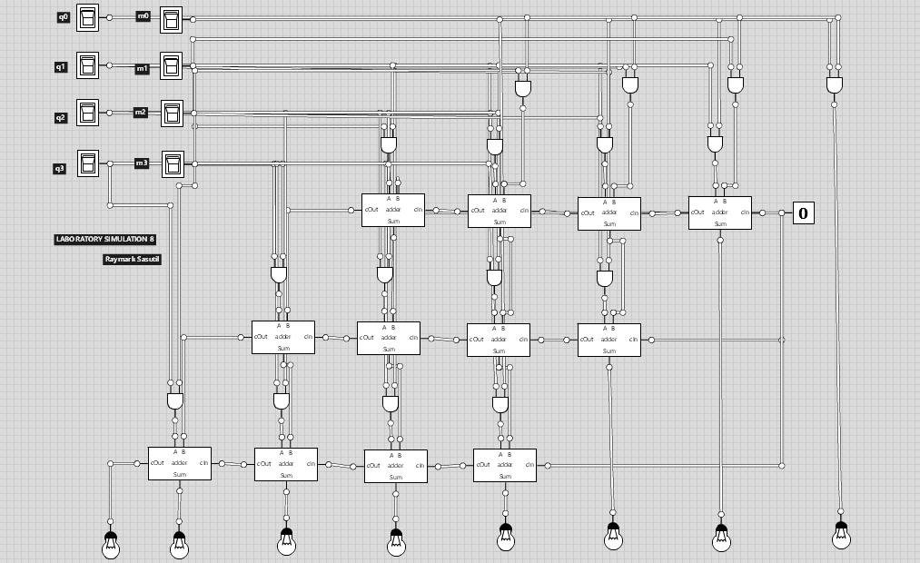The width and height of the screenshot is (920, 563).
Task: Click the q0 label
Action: tap(63, 17)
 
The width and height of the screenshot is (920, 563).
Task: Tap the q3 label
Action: tap(60, 168)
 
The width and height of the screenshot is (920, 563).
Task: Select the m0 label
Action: tap(143, 16)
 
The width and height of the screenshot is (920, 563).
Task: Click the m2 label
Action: tap(141, 112)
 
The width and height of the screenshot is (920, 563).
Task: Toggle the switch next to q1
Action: tap(87, 66)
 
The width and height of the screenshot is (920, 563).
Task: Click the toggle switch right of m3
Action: tap(171, 163)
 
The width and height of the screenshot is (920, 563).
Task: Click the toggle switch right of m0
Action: tap(171, 19)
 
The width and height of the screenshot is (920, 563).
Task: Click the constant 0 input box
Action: tap(803, 213)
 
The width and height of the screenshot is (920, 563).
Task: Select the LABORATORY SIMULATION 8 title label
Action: tap(104, 240)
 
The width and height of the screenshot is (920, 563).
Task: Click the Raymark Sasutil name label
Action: tap(133, 259)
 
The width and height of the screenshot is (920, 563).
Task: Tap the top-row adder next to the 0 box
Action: tap(719, 212)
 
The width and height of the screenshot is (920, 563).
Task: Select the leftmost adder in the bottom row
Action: tap(180, 463)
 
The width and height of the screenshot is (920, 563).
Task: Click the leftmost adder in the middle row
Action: tap(283, 337)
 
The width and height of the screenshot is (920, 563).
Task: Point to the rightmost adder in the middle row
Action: tap(608, 340)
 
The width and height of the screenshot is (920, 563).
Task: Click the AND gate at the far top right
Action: tap(835, 84)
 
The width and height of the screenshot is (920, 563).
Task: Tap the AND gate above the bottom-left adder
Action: tap(176, 400)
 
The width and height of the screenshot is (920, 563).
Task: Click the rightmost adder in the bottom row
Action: tap(504, 465)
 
